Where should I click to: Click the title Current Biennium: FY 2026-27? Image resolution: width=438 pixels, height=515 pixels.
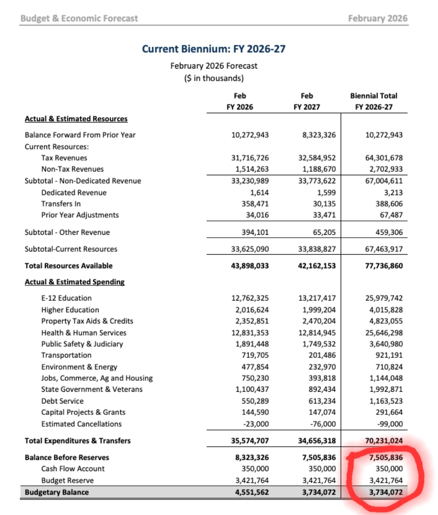point(213,49)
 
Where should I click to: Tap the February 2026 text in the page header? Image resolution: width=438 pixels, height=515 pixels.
point(378,18)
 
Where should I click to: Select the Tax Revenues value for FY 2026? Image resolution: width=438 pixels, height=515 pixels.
point(250,158)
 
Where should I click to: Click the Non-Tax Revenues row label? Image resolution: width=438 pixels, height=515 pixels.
point(72,169)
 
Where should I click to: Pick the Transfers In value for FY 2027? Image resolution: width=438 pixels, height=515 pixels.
point(324,204)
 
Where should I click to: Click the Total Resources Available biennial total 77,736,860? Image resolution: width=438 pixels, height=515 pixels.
point(384,266)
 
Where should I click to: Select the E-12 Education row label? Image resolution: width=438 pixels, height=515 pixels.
point(67,298)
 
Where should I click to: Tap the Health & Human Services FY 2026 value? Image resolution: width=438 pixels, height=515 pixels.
point(250,333)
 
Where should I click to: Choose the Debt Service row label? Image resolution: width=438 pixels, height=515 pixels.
point(62,401)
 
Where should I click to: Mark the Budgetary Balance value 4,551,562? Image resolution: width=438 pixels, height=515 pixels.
point(252,492)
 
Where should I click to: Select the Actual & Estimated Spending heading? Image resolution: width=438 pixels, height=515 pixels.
point(75,282)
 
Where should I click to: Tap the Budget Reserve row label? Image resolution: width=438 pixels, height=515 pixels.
point(67,481)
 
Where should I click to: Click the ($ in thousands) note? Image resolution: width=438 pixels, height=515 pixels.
point(214,78)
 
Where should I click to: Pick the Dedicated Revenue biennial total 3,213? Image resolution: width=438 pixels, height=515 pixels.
point(393,193)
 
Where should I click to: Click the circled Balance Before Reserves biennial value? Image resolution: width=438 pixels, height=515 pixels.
point(386,457)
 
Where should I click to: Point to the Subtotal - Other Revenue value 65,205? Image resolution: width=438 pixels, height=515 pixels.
point(324,232)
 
